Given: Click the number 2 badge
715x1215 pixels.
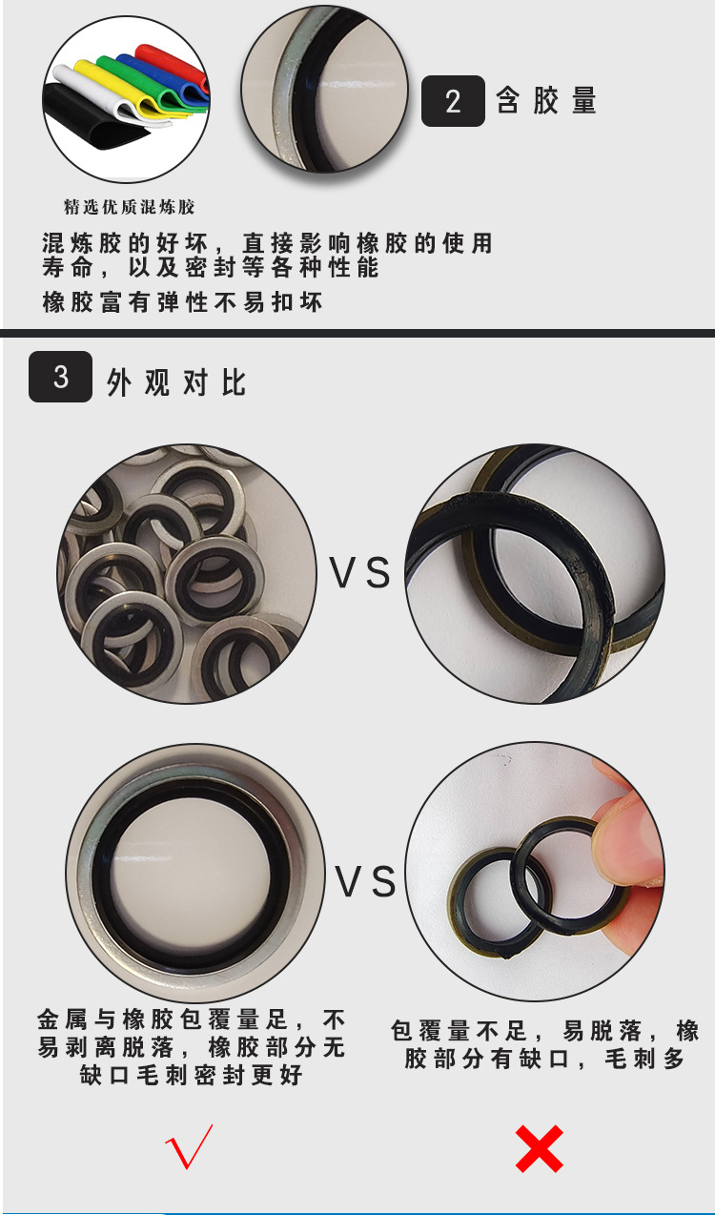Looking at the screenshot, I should click(453, 101).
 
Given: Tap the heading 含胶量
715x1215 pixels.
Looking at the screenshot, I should click(546, 101).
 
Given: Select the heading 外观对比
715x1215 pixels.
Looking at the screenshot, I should click(176, 382).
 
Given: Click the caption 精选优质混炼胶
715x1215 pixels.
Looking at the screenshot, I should click(129, 207).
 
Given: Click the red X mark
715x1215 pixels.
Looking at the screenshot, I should click(539, 1148).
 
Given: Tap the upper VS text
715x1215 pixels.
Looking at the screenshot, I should click(360, 573).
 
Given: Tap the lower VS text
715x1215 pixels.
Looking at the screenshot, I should click(365, 882).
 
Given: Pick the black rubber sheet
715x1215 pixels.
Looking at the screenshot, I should click(81, 119).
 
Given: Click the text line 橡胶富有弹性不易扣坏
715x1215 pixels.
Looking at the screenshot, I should click(183, 303).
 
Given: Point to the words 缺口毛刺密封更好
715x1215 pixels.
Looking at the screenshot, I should click(191, 1076).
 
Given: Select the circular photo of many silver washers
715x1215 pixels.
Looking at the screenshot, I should click(187, 573).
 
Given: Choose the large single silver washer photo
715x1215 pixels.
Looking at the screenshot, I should click(195, 873).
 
